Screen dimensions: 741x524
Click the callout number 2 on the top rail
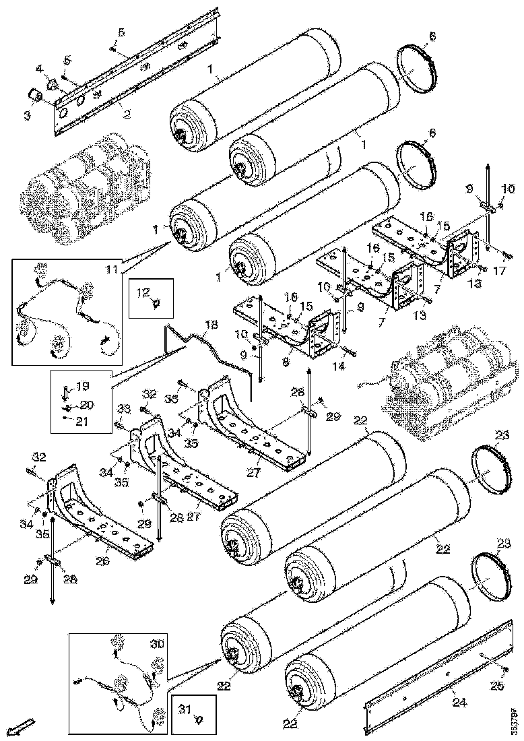click(x=125, y=115)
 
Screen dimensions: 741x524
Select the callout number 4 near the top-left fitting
click(x=38, y=69)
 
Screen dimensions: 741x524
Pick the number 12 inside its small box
click(x=143, y=293)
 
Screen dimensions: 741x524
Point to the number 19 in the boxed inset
click(x=82, y=387)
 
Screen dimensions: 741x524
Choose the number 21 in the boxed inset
click(x=82, y=422)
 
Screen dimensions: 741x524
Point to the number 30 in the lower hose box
click(x=157, y=644)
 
